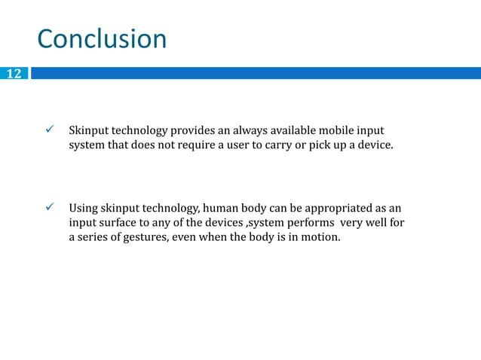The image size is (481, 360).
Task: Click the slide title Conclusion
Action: pyautogui.click(x=102, y=39)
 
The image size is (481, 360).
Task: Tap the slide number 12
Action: pyautogui.click(x=14, y=74)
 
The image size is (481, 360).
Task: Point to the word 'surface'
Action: pyautogui.click(x=115, y=222)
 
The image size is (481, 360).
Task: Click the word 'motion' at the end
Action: pyautogui.click(x=321, y=236)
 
